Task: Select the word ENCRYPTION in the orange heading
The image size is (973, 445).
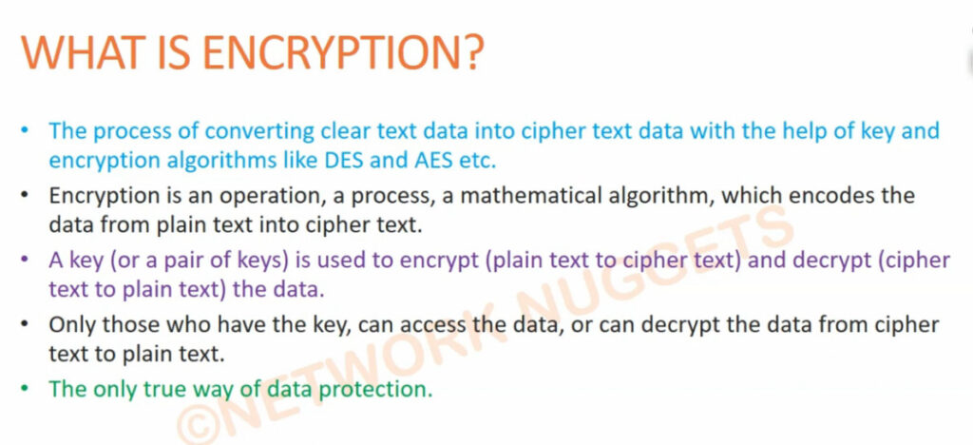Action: (332, 52)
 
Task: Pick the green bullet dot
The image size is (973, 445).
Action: (24, 390)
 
